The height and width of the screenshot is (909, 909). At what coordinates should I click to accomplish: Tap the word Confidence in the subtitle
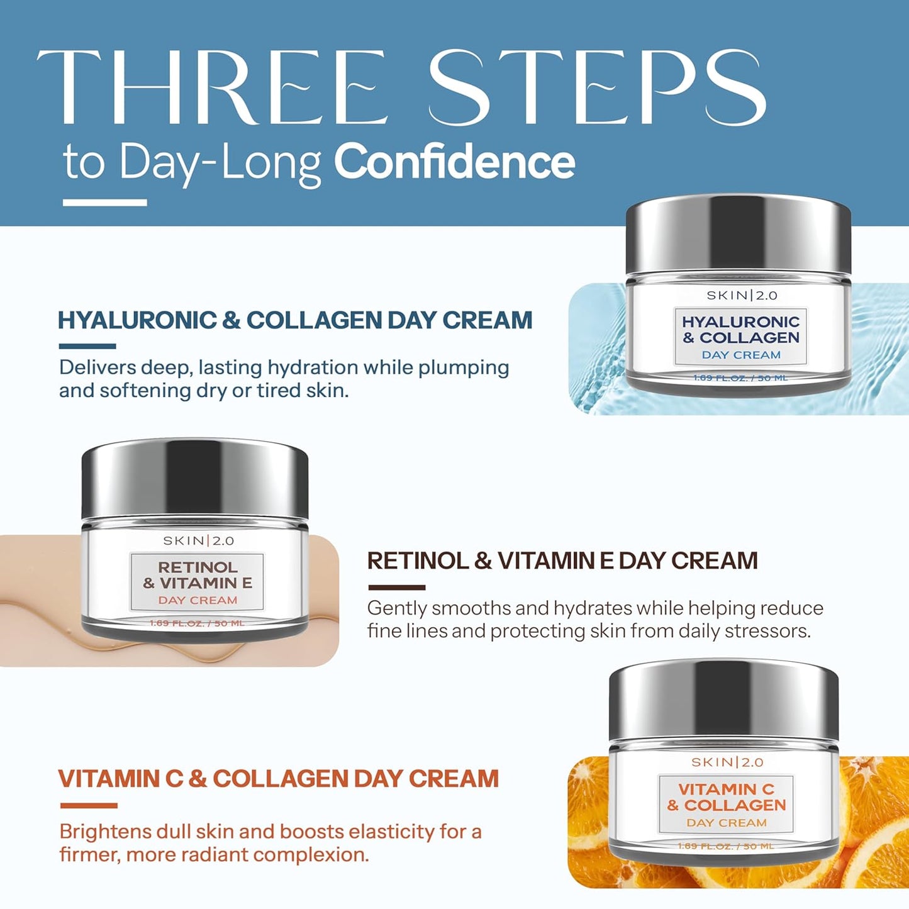click(x=454, y=162)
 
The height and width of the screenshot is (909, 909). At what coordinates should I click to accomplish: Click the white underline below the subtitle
click(x=105, y=203)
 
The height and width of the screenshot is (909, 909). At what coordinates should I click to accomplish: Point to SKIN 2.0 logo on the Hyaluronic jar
click(x=742, y=295)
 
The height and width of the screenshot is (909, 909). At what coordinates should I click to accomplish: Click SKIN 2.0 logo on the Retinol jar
click(x=198, y=540)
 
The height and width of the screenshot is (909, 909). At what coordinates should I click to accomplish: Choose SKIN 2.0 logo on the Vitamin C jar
click(x=727, y=762)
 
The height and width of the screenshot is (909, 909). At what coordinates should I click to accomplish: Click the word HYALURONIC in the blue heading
click(x=137, y=320)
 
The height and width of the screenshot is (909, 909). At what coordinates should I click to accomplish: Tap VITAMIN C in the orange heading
click(x=120, y=779)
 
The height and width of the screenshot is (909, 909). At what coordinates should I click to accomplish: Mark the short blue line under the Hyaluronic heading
click(x=87, y=346)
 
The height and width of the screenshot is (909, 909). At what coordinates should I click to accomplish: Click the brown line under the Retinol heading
click(x=396, y=587)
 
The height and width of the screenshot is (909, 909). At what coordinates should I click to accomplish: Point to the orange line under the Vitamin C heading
click(x=89, y=805)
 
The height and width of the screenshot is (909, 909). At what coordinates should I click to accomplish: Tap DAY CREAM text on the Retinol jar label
click(x=198, y=600)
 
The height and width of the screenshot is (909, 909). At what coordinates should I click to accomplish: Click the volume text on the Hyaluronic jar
click(x=740, y=377)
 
